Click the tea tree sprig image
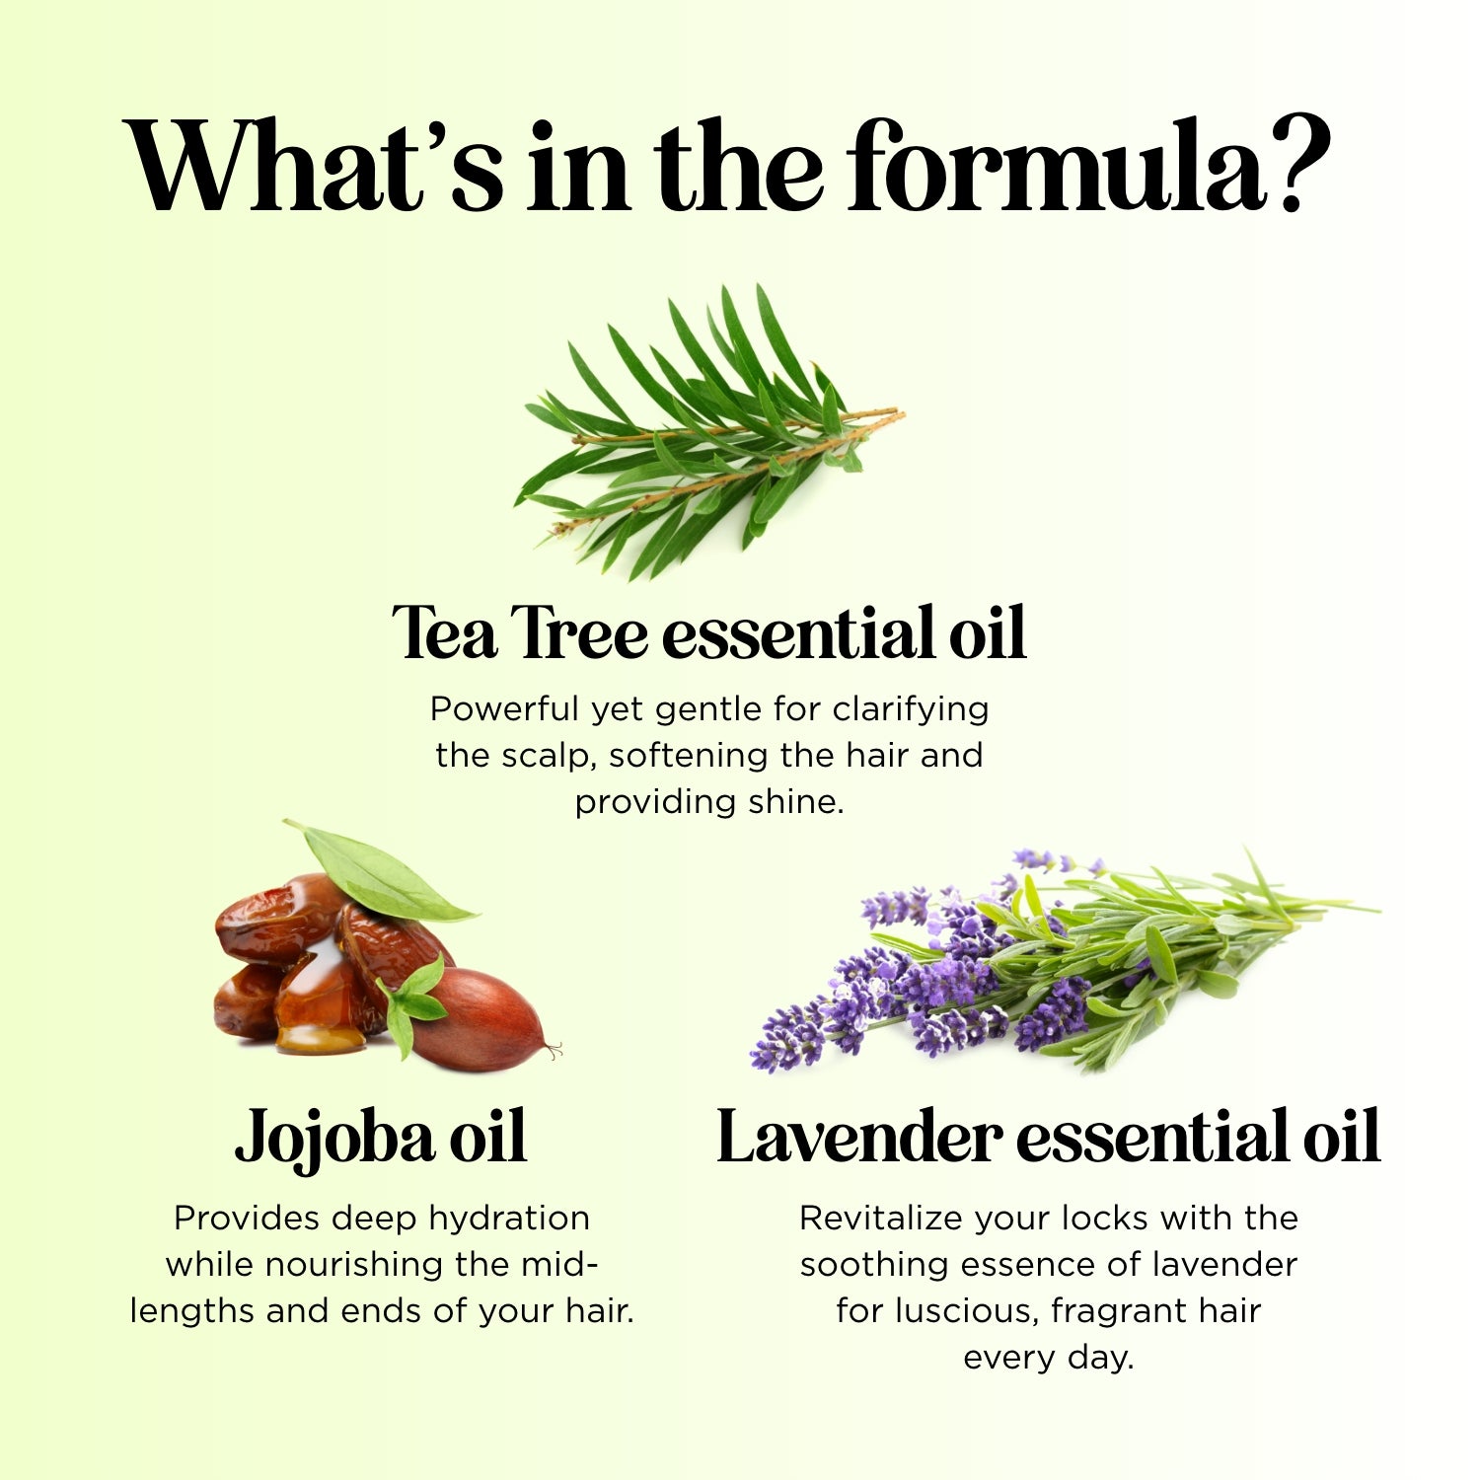click(x=710, y=434)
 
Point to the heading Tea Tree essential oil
click(x=708, y=632)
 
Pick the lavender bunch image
click(x=1046, y=967)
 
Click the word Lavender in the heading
click(x=858, y=1138)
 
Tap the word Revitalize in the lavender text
click(x=881, y=1219)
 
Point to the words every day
click(x=1048, y=1358)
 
